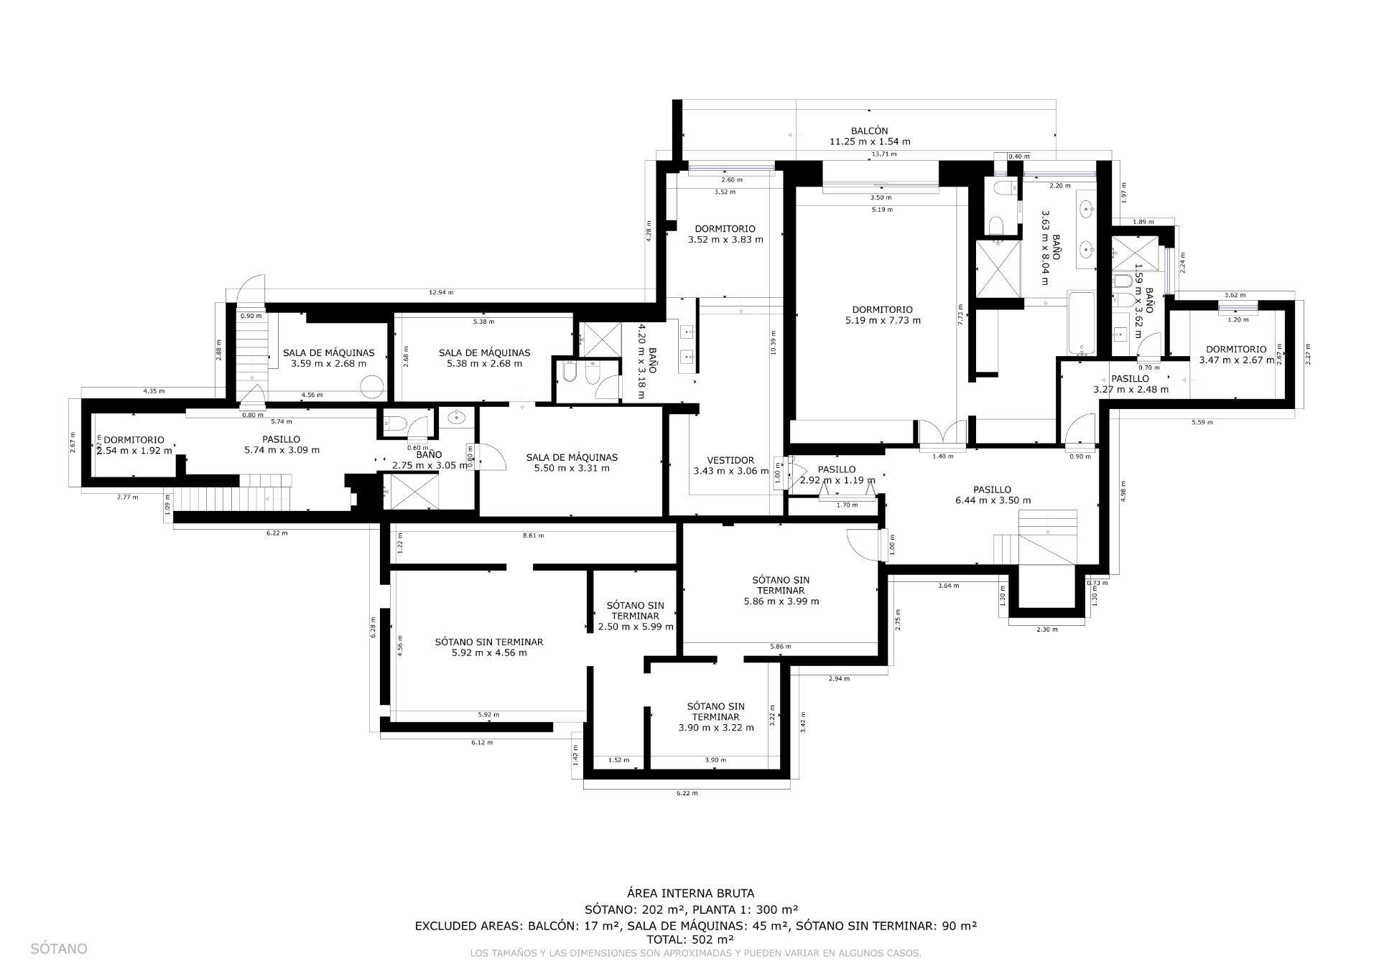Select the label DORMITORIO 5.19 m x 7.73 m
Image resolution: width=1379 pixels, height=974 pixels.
point(883,315)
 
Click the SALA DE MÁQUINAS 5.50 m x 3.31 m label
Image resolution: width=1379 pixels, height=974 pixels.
point(572,463)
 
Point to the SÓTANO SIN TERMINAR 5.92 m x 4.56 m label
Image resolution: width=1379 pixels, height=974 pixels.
point(488,647)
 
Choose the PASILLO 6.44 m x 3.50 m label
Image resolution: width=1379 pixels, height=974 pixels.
point(993,495)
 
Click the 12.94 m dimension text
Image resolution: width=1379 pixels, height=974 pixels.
point(440,293)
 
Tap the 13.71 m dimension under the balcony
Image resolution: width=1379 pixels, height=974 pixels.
point(883,154)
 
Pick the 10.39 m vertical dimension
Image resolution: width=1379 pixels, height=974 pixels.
point(773,342)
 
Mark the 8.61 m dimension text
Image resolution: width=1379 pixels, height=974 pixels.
point(533,535)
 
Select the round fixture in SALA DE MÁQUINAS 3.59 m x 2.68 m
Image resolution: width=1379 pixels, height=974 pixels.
point(372,387)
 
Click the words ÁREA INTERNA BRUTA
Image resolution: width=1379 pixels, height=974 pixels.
point(690,894)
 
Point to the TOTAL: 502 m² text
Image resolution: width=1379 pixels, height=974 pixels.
point(689,939)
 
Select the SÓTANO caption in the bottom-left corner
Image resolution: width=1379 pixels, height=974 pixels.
point(59,949)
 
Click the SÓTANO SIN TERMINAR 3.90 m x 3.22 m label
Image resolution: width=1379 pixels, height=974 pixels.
point(715,716)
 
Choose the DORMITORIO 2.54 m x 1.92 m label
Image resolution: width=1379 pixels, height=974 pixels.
point(134,445)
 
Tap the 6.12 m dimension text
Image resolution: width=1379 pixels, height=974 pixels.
point(482,742)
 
